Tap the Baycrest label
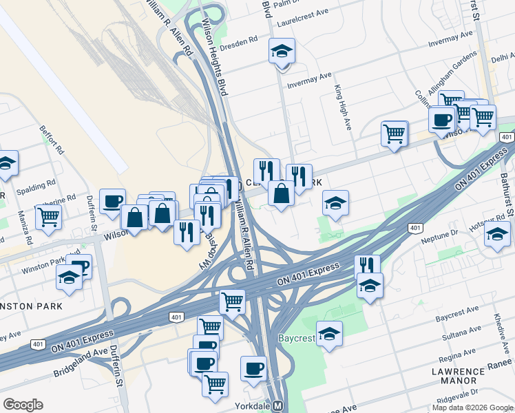tap(296, 339)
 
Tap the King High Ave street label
tap(343, 107)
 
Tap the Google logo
tap(23, 405)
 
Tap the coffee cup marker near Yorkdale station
tap(253, 368)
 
